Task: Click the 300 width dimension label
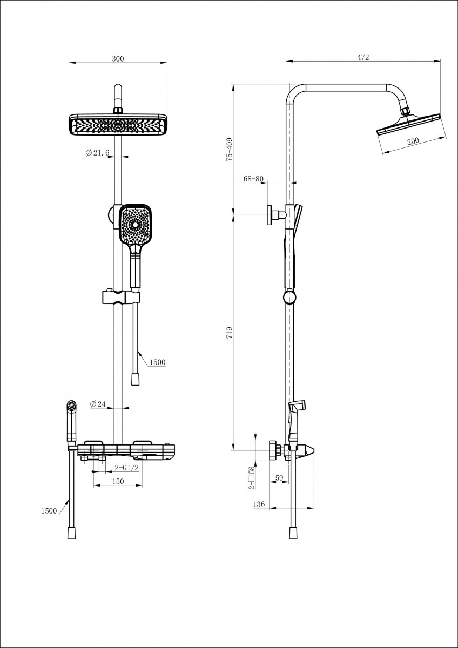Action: click(118, 59)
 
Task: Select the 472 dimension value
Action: click(363, 58)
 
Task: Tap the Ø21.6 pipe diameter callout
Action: click(98, 153)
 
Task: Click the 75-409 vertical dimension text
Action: click(229, 150)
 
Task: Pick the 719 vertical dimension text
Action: click(229, 333)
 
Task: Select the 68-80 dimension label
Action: click(253, 179)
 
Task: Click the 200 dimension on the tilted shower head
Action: click(413, 141)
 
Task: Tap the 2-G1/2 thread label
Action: click(127, 468)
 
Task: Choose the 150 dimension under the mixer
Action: click(118, 481)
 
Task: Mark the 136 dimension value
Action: click(259, 504)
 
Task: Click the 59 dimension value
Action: click(279, 477)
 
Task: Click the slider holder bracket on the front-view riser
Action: click(122, 296)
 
